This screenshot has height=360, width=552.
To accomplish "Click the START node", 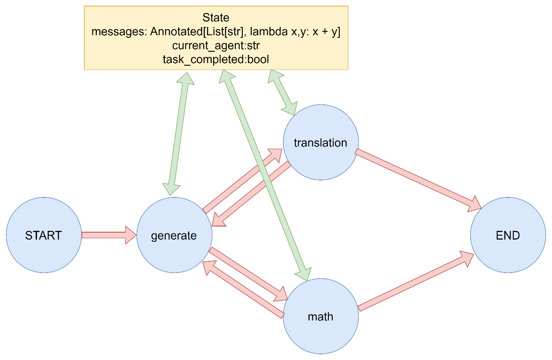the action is (44, 235).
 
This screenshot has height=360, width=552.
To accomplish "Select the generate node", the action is (174, 235).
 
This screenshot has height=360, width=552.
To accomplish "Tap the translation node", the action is (321, 142).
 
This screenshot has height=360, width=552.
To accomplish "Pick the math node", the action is (321, 316).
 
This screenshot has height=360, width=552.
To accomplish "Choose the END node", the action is (508, 235).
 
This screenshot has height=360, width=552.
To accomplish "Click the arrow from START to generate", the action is (109, 235).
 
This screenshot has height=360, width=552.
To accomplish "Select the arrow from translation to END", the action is (418, 180).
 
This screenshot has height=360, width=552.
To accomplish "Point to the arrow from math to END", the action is (416, 281).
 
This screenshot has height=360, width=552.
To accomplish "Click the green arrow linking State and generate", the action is (178, 134).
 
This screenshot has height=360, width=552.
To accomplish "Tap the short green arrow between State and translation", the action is (283, 92).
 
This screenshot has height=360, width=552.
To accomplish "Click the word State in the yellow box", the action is (216, 17).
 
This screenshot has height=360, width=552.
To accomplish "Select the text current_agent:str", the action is (216, 46).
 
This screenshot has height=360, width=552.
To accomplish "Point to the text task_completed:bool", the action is (216, 60).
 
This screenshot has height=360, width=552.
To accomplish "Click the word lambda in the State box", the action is (269, 31).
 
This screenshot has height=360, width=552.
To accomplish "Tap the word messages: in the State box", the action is (119, 32).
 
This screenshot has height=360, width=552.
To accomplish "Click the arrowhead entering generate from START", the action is (131, 235).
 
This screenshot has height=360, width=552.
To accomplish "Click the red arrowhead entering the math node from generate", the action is (281, 294).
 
